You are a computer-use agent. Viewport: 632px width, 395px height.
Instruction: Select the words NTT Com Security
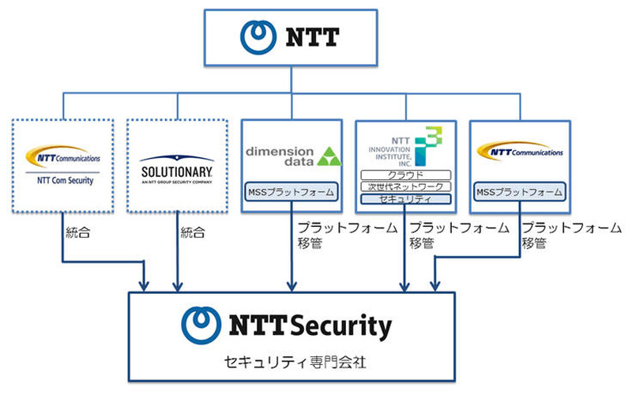tap(65, 181)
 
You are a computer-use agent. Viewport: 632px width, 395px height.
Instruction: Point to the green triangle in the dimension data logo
tap(330, 156)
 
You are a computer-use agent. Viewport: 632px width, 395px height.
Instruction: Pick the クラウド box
tap(405, 175)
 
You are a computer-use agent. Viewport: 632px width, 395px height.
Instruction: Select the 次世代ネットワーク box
tap(405, 186)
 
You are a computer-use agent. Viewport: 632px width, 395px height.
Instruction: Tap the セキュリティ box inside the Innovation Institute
tap(405, 199)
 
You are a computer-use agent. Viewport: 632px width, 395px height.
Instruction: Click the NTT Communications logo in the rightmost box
tap(519, 152)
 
